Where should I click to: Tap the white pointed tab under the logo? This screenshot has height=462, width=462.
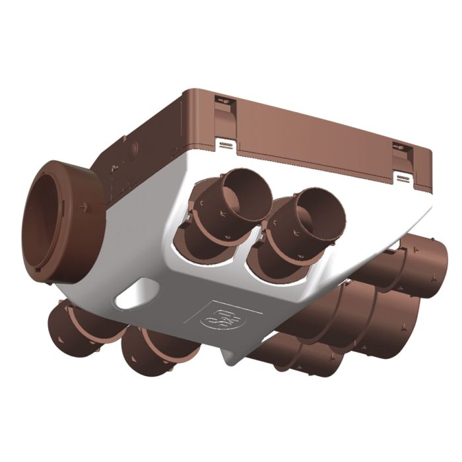[230, 357]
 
